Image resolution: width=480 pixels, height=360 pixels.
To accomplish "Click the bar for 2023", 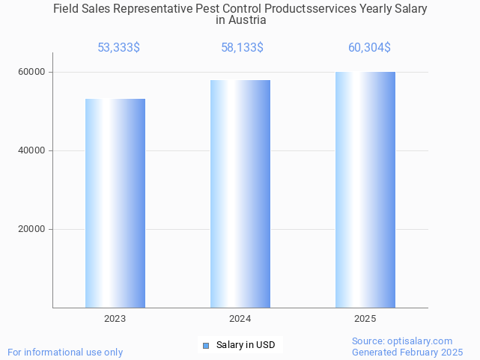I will click(115, 203).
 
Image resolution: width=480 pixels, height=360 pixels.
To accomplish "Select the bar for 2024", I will click(240, 194).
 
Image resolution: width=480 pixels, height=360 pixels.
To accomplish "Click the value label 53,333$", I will click(118, 48).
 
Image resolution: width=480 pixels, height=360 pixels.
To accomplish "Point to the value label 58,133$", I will click(242, 48).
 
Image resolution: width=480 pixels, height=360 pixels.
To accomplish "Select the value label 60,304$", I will click(369, 48).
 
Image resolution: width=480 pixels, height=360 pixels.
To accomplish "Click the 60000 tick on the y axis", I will click(32, 72).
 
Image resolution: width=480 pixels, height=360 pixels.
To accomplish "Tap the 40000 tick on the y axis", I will click(32, 150).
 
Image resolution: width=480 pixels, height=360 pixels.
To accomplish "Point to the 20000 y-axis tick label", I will click(32, 229).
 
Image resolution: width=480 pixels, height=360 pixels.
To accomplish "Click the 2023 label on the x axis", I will click(115, 319).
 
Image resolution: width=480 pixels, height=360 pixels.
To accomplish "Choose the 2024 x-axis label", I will click(240, 319).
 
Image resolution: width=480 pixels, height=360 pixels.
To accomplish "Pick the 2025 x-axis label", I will click(365, 319).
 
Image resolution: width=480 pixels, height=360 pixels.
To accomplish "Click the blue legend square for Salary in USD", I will click(206, 345).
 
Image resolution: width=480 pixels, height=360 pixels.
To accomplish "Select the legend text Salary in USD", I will click(246, 345).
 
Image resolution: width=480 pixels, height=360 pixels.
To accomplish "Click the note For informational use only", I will click(65, 352).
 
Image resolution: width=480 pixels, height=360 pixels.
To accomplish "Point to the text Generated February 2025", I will click(407, 352).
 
